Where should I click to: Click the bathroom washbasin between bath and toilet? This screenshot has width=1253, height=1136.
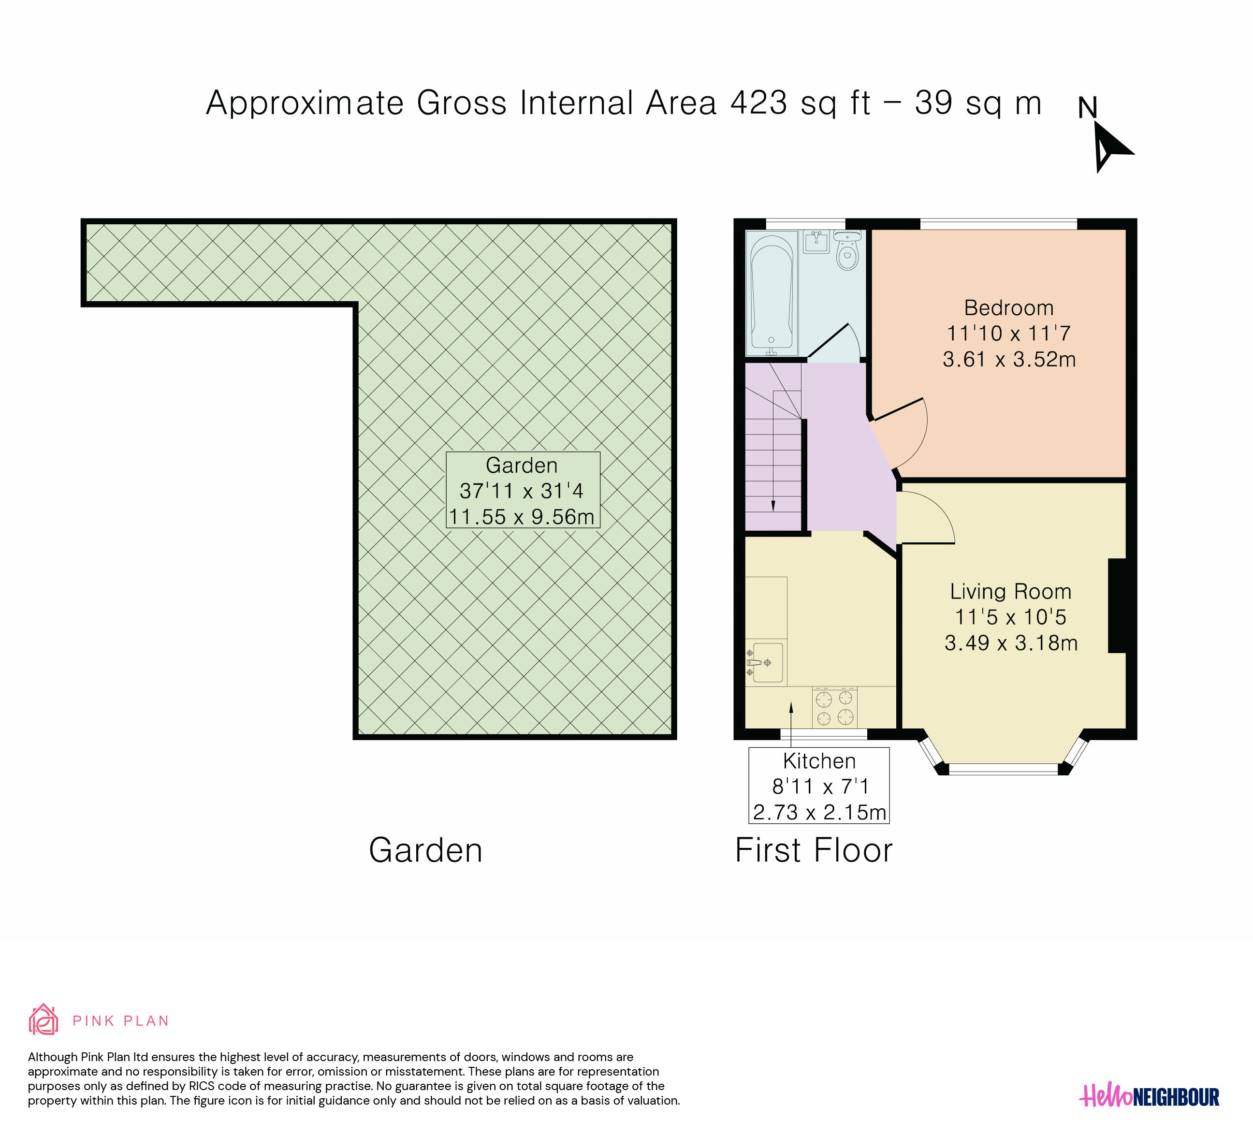pos(816,242)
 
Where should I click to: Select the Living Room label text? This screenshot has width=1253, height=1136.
pos(1011,591)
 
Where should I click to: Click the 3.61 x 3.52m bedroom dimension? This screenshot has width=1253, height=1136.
pos(1009,359)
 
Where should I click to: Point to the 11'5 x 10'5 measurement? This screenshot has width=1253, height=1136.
pos(1011,617)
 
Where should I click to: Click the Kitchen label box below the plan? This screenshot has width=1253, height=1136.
pos(819,786)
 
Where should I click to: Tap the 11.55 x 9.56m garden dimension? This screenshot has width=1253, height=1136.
pos(522,516)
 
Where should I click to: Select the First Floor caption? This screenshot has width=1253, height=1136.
pos(814,850)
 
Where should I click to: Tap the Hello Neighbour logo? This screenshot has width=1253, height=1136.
pos(1149,1097)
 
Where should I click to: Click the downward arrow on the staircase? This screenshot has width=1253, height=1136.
pos(773,451)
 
